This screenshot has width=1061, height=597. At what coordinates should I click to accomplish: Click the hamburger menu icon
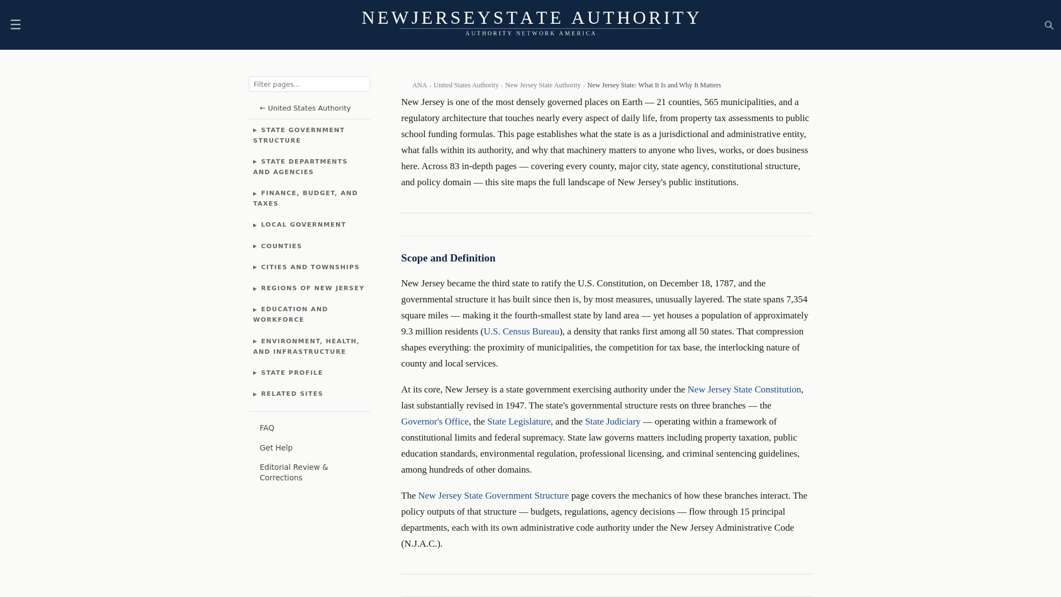tap(15, 24)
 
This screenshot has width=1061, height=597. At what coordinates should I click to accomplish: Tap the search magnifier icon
tap(1049, 25)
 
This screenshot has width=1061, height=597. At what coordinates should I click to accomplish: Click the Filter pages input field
tap(309, 84)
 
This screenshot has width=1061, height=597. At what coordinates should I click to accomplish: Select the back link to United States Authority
tap(305, 108)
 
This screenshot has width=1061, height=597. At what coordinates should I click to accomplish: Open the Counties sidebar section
tap(281, 246)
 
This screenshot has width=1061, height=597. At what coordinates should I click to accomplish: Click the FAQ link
tap(267, 428)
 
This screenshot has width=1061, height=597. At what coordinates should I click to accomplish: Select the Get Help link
tap(276, 448)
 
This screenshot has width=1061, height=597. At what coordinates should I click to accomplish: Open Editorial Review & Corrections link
tap(293, 472)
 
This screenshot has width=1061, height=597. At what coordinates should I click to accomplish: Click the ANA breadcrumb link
tap(419, 85)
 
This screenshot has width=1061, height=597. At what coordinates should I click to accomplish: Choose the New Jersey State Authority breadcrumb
tap(543, 85)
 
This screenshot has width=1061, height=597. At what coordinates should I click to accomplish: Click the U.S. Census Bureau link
tap(521, 331)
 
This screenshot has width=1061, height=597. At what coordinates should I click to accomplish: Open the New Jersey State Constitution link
tap(744, 389)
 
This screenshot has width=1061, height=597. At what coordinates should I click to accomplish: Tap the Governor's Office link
tap(435, 421)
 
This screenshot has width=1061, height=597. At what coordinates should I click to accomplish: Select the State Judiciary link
tap(612, 421)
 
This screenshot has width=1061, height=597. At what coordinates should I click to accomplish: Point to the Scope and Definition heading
tap(448, 258)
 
